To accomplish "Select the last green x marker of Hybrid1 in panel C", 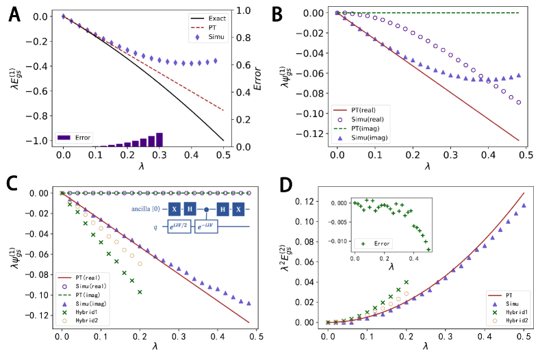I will coord(140,292).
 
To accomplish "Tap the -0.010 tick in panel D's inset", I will coord(342,241).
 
